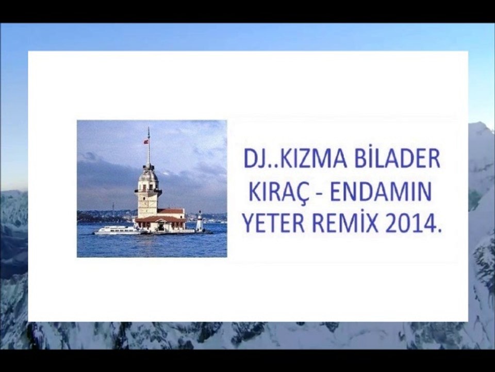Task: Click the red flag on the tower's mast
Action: tap(146, 141)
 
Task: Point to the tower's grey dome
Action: tap(148, 175)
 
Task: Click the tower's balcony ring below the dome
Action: tap(148, 191)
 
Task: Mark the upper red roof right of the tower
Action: tap(171, 211)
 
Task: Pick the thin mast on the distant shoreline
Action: tap(112, 207)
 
